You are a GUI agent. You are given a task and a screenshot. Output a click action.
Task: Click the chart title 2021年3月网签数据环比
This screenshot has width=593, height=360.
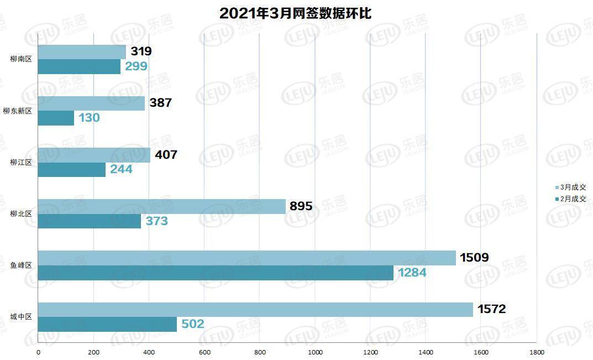295,13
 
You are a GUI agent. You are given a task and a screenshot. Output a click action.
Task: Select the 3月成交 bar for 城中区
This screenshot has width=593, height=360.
255,310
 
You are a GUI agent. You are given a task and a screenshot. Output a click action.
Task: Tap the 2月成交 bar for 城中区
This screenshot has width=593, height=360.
107,325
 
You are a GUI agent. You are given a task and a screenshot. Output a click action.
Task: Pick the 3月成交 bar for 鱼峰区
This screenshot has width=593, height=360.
246,258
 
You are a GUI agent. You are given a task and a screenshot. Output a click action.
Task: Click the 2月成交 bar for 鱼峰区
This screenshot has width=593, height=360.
216,273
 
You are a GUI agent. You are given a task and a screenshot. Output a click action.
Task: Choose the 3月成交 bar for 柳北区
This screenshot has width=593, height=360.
161,207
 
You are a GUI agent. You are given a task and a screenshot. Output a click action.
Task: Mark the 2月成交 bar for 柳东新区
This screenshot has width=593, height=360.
56,118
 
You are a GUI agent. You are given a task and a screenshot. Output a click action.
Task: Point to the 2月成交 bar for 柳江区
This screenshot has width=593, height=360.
72,170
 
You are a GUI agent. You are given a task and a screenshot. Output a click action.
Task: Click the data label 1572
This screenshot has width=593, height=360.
492,309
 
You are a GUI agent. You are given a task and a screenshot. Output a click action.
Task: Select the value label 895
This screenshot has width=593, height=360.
301,206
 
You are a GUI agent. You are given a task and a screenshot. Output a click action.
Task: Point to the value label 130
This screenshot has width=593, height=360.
89,118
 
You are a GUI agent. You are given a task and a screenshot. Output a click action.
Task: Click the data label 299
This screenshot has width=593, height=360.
136,66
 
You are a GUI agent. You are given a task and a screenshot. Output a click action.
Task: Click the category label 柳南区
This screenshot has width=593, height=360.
21,59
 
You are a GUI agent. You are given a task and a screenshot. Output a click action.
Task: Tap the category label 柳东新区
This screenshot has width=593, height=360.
18,111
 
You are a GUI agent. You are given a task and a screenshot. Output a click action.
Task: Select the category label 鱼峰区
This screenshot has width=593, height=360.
21,265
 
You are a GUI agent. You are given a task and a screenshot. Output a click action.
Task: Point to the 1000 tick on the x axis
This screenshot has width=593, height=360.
315,352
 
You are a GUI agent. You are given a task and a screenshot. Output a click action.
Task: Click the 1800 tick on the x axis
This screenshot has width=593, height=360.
536,352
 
